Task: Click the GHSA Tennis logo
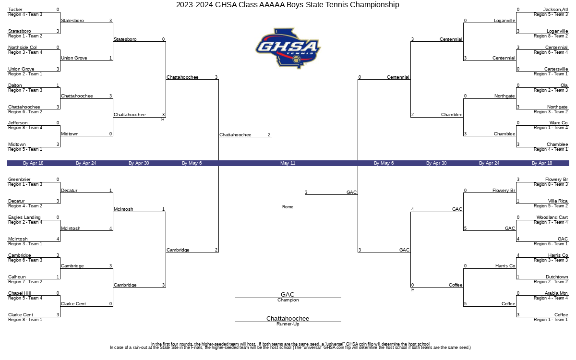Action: tap(288, 48)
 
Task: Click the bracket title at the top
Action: tap(288, 5)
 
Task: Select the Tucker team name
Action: tap(15, 10)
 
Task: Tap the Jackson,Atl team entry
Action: tap(555, 10)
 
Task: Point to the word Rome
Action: tap(288, 207)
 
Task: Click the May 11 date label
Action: tap(288, 163)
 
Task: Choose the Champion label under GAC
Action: tap(288, 300)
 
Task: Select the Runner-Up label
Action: tap(288, 324)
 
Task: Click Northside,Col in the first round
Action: tap(23, 48)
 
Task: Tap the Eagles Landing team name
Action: tap(24, 217)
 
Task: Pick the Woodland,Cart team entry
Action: tap(552, 217)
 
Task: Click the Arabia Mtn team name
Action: tap(556, 293)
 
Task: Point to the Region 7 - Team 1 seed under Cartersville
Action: tap(551, 74)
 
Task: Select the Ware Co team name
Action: tap(559, 123)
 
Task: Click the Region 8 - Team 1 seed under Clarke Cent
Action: tap(25, 320)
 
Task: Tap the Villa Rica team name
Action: tap(558, 201)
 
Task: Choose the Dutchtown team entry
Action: tap(557, 277)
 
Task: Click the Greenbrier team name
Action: tap(19, 180)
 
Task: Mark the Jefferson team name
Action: tap(18, 123)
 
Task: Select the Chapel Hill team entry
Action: tap(20, 293)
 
